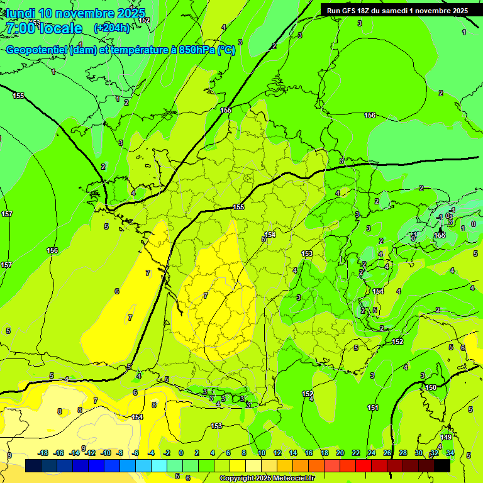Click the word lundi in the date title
20,13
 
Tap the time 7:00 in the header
19,28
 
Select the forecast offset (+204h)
111,28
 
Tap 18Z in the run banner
367,11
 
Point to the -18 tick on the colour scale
43,453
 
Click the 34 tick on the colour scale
450,453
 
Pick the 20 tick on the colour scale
340,453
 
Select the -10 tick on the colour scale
106,453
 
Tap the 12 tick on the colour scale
277,453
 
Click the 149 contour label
446,437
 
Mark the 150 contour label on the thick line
430,387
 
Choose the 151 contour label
373,408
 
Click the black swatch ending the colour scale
442,465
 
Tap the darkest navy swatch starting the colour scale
33,465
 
